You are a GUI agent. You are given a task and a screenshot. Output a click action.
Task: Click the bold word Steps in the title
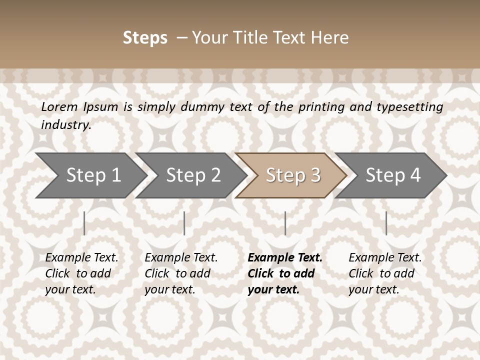tap(145, 37)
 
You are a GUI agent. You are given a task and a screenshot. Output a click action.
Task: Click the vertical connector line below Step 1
tap(84, 223)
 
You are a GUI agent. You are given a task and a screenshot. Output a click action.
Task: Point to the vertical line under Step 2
tap(184, 223)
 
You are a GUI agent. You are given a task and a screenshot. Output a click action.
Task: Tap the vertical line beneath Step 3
tap(285, 223)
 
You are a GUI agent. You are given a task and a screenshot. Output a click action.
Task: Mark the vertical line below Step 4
tap(386, 223)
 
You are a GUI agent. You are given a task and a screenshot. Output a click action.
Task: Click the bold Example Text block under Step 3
tap(284, 273)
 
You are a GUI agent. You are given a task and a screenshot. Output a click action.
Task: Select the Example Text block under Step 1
tap(81, 273)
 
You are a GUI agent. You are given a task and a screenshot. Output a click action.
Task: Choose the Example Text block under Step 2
tap(181, 273)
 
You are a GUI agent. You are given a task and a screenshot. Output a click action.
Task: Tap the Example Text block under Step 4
tap(385, 273)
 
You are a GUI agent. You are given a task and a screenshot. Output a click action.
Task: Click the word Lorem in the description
tap(59, 106)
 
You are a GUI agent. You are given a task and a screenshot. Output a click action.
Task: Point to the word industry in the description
tap(65, 124)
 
